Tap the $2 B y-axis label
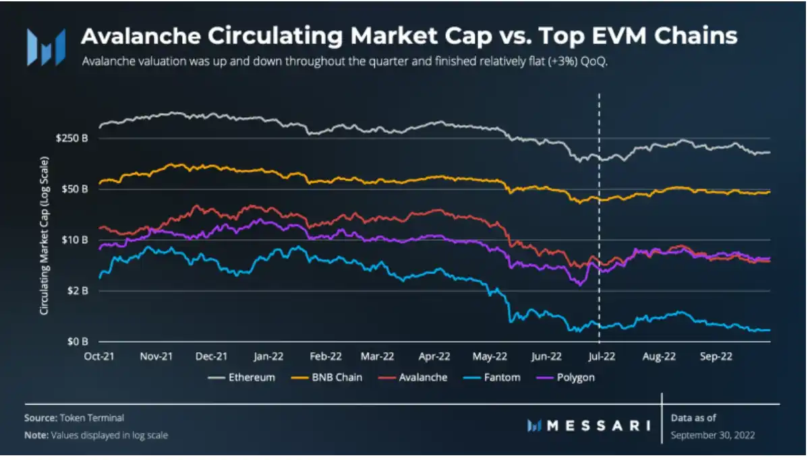tap(80, 291)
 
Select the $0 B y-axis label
tap(80, 341)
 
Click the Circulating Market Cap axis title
tap(44, 236)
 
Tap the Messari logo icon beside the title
tap(46, 46)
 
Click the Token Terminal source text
tap(93, 418)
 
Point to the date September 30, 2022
tap(713, 435)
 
